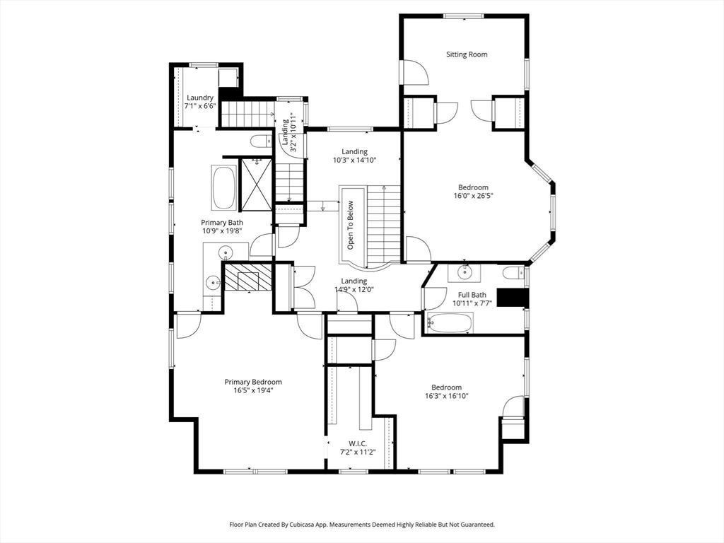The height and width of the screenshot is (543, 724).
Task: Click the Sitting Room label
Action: (x=467, y=54)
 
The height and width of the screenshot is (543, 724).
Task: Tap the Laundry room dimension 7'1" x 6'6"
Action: (x=200, y=106)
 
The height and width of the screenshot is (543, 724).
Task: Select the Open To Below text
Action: (x=351, y=225)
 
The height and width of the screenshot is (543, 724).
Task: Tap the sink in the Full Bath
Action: (x=465, y=271)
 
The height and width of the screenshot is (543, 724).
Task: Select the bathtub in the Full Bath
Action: (x=450, y=323)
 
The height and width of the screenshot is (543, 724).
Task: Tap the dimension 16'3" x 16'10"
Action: (x=447, y=396)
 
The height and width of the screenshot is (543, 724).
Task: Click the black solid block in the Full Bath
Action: (x=512, y=298)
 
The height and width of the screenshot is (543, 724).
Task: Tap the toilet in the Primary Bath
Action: (x=261, y=141)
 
